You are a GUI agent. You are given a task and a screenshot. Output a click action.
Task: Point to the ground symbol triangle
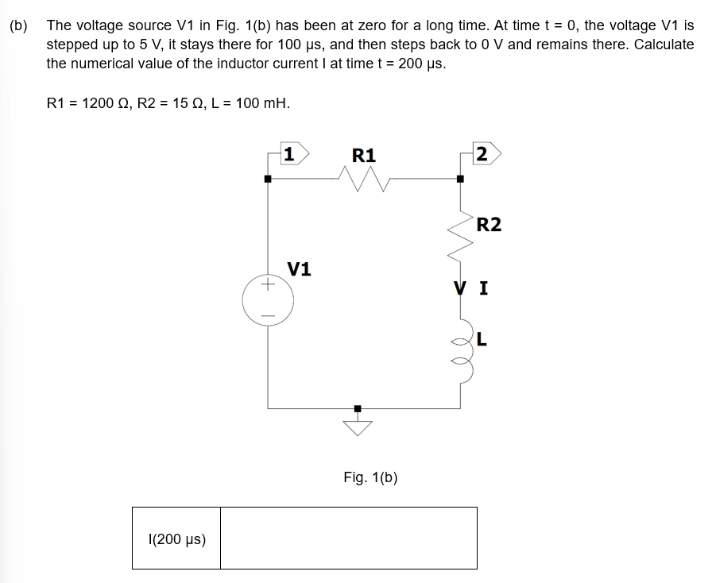point(358,428)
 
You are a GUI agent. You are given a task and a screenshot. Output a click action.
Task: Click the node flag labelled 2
point(483,154)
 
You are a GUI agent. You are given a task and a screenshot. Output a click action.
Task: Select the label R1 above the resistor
point(363,155)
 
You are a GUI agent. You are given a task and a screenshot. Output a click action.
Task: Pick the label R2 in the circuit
point(489,225)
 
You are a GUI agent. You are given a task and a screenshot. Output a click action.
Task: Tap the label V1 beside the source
point(299,269)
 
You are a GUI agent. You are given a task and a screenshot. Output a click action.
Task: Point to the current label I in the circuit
point(483,289)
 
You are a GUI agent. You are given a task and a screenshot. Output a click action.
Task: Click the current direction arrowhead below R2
point(460,288)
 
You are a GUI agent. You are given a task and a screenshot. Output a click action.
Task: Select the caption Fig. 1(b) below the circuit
point(370,477)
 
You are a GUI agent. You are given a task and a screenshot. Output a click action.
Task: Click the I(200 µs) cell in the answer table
point(176,539)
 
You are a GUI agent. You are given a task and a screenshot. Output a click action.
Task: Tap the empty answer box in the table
point(348,539)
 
